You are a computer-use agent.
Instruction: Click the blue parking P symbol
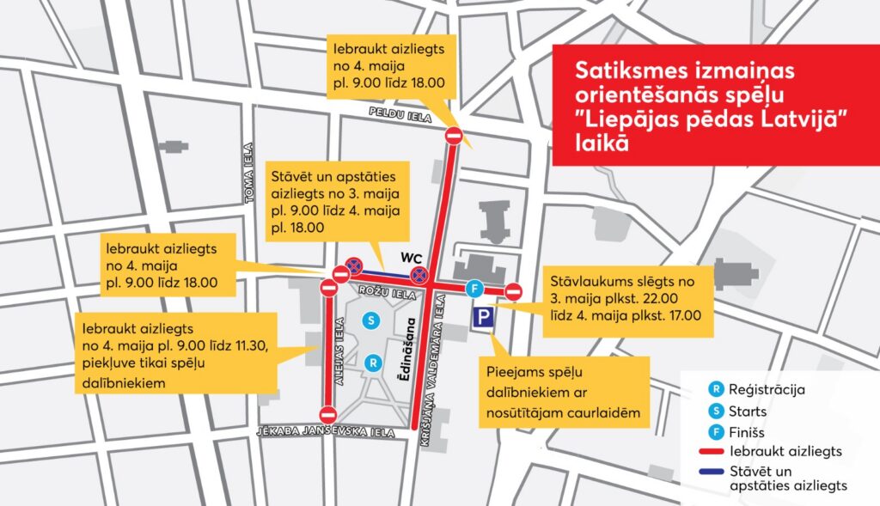tap(482, 319)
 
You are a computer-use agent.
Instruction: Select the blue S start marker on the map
tap(371, 320)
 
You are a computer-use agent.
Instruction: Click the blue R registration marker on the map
tap(371, 363)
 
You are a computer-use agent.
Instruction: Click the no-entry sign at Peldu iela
tap(454, 136)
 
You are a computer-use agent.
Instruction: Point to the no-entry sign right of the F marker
tap(514, 290)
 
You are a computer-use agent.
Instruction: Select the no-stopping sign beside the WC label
tap(419, 275)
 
